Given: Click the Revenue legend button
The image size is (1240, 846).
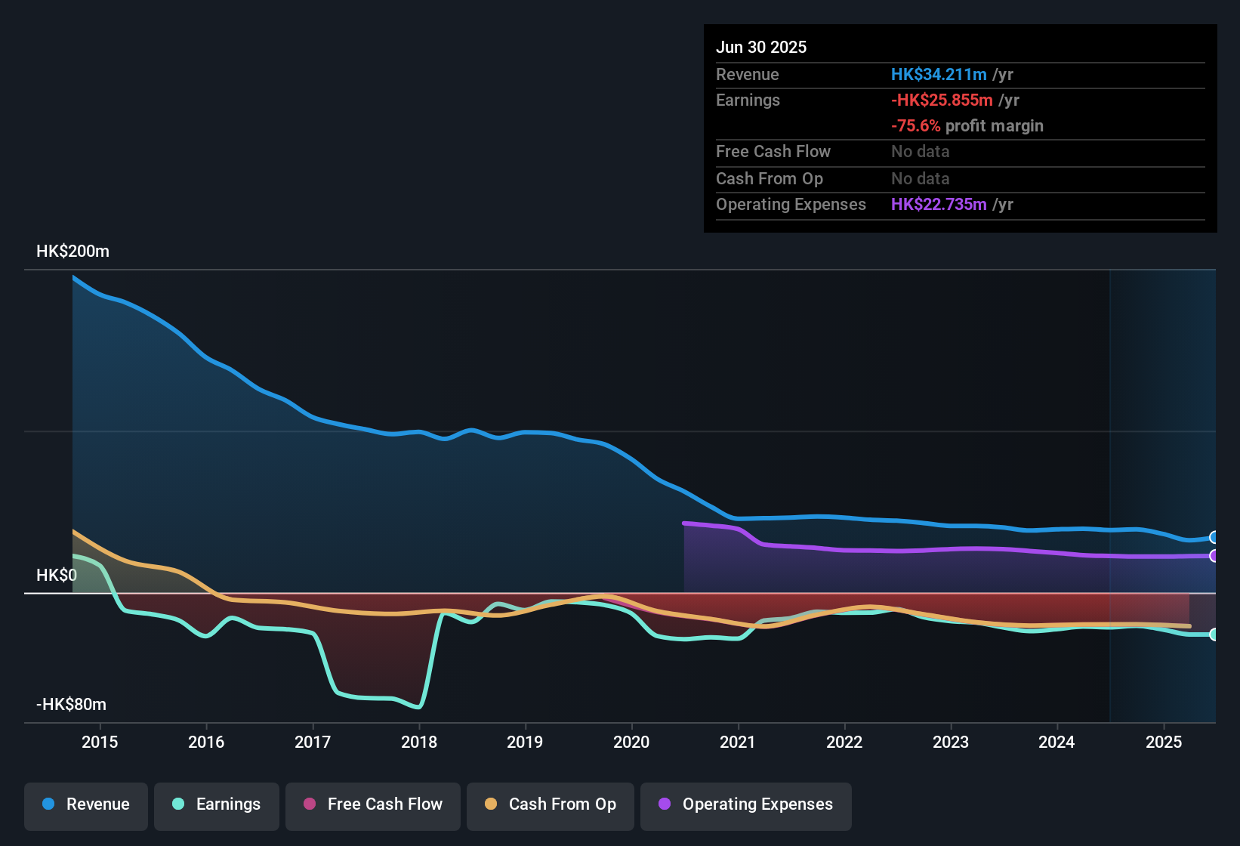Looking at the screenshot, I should point(86,804).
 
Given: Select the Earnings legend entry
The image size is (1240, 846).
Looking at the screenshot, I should point(217,804).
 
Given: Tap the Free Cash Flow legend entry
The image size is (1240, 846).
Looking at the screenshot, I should point(373,804).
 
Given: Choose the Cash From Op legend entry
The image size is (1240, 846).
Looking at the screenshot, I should point(551,804).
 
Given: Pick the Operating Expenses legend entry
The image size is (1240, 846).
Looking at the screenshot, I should point(746,804).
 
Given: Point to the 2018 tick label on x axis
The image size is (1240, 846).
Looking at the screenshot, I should point(419,743).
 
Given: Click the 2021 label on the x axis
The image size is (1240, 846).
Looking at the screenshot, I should point(738,743).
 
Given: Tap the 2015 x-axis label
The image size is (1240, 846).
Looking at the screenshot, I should point(100,743).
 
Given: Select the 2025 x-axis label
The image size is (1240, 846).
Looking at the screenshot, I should point(1164,743).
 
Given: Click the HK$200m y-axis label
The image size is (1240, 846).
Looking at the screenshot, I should point(72,252).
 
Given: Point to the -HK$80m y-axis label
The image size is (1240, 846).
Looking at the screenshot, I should point(71,705).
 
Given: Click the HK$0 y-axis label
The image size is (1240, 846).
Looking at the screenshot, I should point(57,576).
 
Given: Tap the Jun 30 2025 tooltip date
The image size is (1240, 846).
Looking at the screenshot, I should point(761,48).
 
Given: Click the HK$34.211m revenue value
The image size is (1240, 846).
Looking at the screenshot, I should point(939,75).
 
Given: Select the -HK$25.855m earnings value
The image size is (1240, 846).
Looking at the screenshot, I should point(942,100).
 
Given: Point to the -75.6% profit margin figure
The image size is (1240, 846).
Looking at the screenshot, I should point(916,126).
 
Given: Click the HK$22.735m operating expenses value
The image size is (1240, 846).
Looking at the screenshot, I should point(939,205).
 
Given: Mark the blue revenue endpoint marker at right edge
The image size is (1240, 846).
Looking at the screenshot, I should point(1214,538).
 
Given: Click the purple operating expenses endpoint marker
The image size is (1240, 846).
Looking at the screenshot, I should point(1214,556).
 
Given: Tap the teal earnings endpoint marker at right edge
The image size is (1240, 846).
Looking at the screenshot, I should point(1214,634).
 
